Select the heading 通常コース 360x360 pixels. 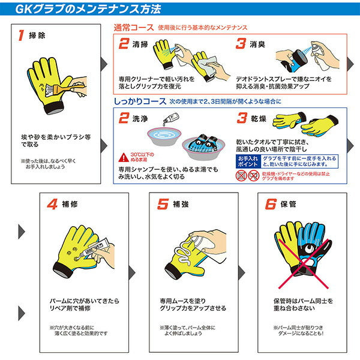coord(133,27)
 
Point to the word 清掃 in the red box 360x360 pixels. coord(142,44)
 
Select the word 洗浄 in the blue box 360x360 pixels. coord(142,119)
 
